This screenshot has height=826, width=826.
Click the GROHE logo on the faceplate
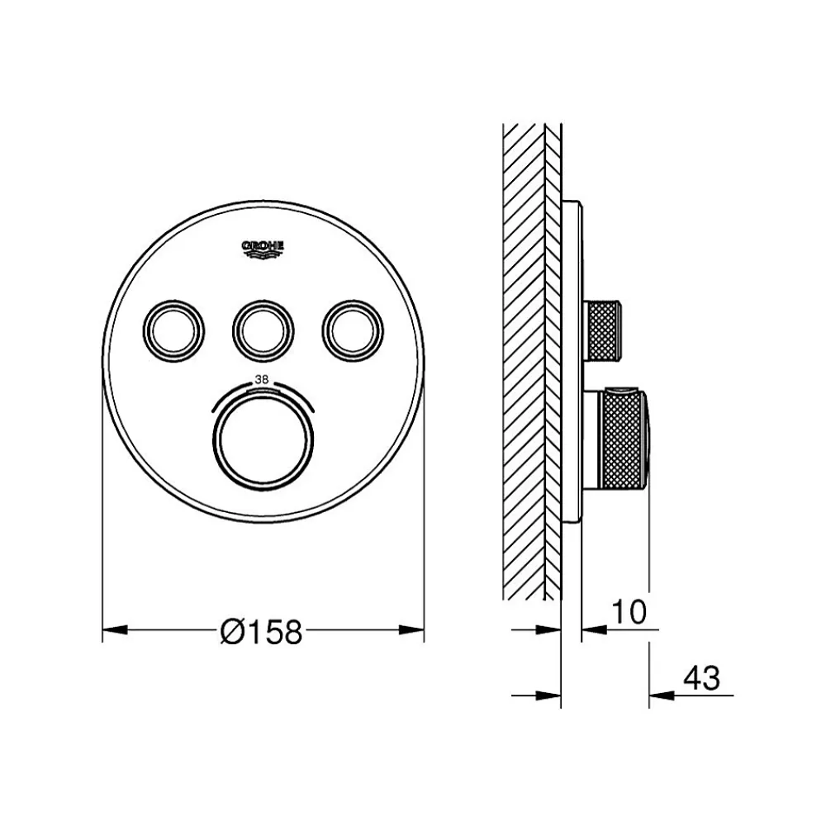(x=263, y=249)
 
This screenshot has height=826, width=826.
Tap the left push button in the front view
(x=173, y=331)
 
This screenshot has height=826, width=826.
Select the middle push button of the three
(x=263, y=331)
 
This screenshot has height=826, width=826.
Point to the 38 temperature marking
(x=262, y=379)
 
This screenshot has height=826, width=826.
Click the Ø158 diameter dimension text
(x=261, y=631)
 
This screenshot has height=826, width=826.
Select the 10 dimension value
(x=629, y=611)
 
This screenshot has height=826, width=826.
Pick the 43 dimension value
(x=701, y=678)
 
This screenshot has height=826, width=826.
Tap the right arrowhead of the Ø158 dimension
(x=411, y=629)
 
